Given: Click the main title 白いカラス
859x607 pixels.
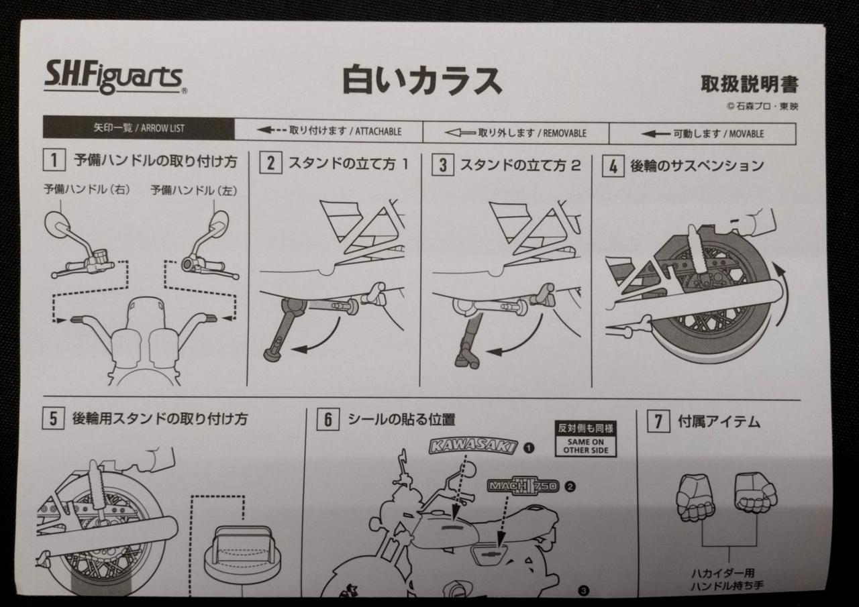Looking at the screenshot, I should tap(422, 80).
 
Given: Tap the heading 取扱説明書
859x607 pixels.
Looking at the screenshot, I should tap(749, 85).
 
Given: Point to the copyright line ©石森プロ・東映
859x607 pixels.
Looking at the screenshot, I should tap(762, 106).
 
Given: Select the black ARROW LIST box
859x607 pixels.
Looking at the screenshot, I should tap(139, 128).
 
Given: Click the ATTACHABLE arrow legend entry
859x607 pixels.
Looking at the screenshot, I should tap(329, 131).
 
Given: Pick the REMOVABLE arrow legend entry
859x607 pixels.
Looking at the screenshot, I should tap(515, 133).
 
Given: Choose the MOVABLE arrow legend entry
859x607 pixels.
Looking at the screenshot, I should tap(702, 133).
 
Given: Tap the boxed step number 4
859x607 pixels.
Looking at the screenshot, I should tap(611, 166).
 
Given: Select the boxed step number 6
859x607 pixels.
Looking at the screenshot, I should tap(327, 421).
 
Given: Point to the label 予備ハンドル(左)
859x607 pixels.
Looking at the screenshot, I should tap(193, 190).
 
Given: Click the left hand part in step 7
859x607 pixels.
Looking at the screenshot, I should tap(695, 497).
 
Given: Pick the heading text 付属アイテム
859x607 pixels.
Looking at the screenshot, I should tap(719, 422).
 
